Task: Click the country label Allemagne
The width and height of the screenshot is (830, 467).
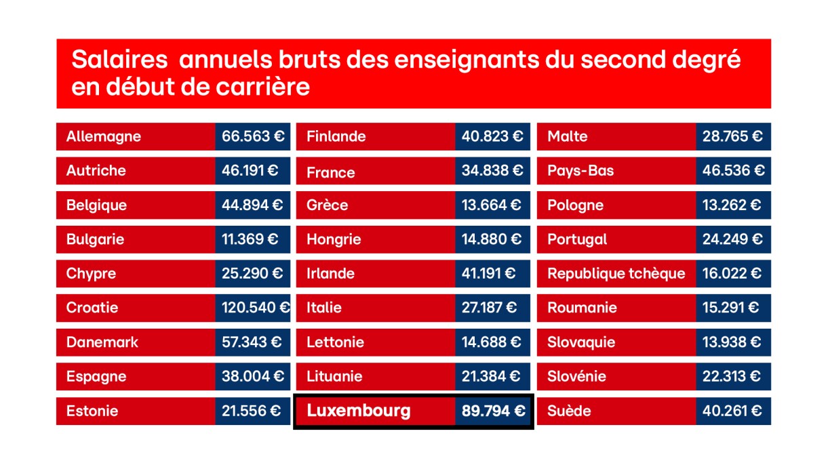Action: click(x=104, y=136)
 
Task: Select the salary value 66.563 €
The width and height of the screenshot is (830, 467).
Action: click(x=253, y=136)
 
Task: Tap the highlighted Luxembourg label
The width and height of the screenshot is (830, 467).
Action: click(x=359, y=410)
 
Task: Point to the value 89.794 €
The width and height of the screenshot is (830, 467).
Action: click(x=493, y=410)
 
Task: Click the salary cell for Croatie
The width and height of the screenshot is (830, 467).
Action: click(x=253, y=308)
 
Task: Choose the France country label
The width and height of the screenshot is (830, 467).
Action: click(x=330, y=172)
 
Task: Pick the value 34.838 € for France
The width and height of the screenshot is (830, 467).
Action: click(x=492, y=171)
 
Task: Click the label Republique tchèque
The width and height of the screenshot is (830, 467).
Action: click(x=616, y=274)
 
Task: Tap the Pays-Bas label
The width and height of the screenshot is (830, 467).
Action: click(x=580, y=171)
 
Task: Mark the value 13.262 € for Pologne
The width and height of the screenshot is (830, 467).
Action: click(x=732, y=205)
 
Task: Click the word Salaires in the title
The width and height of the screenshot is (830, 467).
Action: click(x=119, y=60)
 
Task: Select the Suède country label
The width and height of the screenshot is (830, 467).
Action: click(x=569, y=411)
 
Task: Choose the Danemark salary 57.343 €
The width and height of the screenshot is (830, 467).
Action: click(x=253, y=342)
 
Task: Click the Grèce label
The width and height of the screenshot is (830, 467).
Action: click(x=327, y=205)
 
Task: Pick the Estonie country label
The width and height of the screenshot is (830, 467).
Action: click(x=92, y=411)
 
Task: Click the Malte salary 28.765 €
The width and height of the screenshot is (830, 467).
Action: click(x=732, y=136)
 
